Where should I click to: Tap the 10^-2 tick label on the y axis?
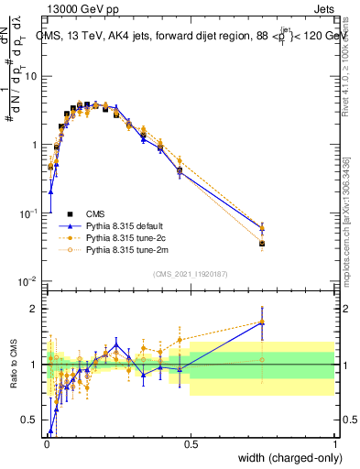pos(27,281)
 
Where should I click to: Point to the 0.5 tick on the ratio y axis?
pos(29,420)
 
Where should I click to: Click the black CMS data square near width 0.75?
pos(263,244)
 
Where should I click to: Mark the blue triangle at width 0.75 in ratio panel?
pos(263,322)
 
